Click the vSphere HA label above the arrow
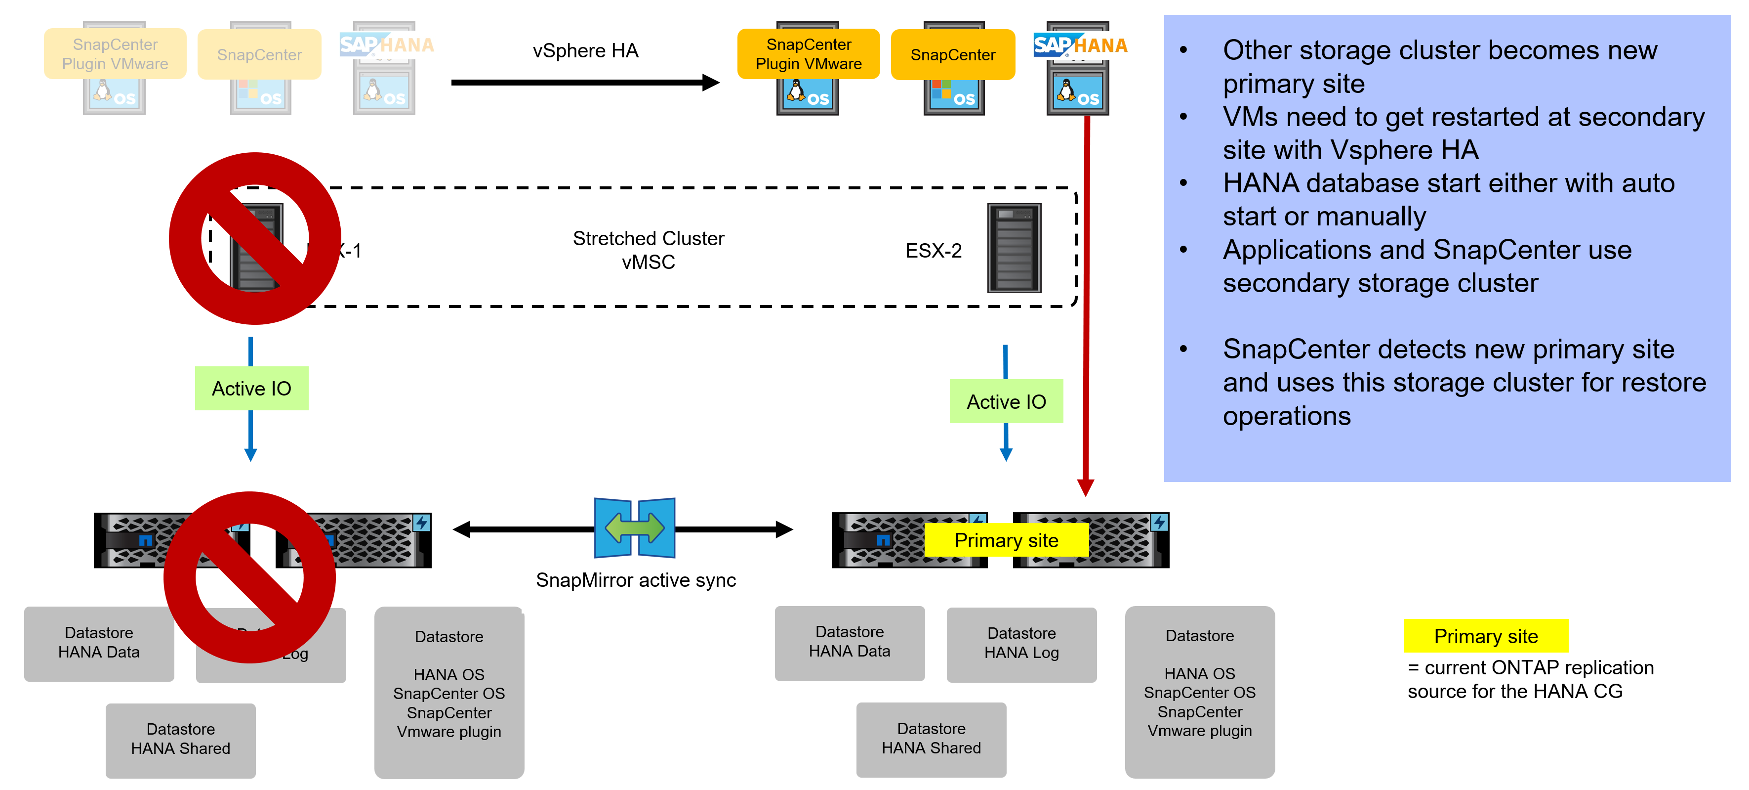585,51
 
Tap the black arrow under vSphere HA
584,83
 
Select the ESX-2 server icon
1014,248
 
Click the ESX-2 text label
933,251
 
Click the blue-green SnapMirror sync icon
634,528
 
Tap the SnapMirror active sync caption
636,580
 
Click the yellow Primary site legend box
1486,636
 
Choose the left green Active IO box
251,389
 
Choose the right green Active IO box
1006,401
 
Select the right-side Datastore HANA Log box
1021,643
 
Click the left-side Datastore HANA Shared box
181,739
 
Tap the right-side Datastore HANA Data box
850,642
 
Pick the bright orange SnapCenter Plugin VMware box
808,54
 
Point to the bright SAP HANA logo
1080,45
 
